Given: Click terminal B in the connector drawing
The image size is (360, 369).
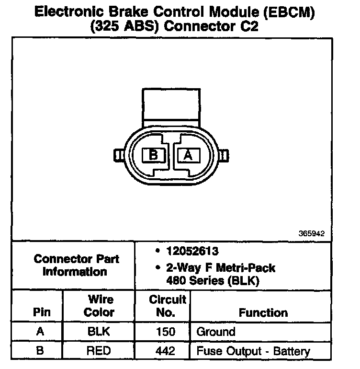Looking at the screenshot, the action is point(154,155).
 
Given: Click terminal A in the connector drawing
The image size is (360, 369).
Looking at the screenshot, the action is point(188,155).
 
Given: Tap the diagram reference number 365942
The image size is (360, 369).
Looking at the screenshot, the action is point(311,234).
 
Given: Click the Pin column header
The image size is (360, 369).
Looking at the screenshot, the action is point(40,312).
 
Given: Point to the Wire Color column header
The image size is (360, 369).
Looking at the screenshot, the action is point(100,306).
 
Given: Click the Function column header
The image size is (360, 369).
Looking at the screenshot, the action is point(263,312).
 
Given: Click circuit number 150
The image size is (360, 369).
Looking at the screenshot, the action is point(165,332).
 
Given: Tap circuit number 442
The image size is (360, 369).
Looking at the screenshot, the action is point(165,350).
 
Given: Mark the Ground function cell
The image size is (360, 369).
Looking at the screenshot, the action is point(216,332).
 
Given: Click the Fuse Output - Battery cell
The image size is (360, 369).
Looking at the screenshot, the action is point(253,350).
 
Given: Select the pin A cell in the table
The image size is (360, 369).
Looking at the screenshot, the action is point(40,332).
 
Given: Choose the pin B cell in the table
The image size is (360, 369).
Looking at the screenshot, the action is point(40,350).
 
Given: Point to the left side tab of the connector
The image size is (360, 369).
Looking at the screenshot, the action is point(118,155).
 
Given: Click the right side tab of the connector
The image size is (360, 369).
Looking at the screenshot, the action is point(225,155).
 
